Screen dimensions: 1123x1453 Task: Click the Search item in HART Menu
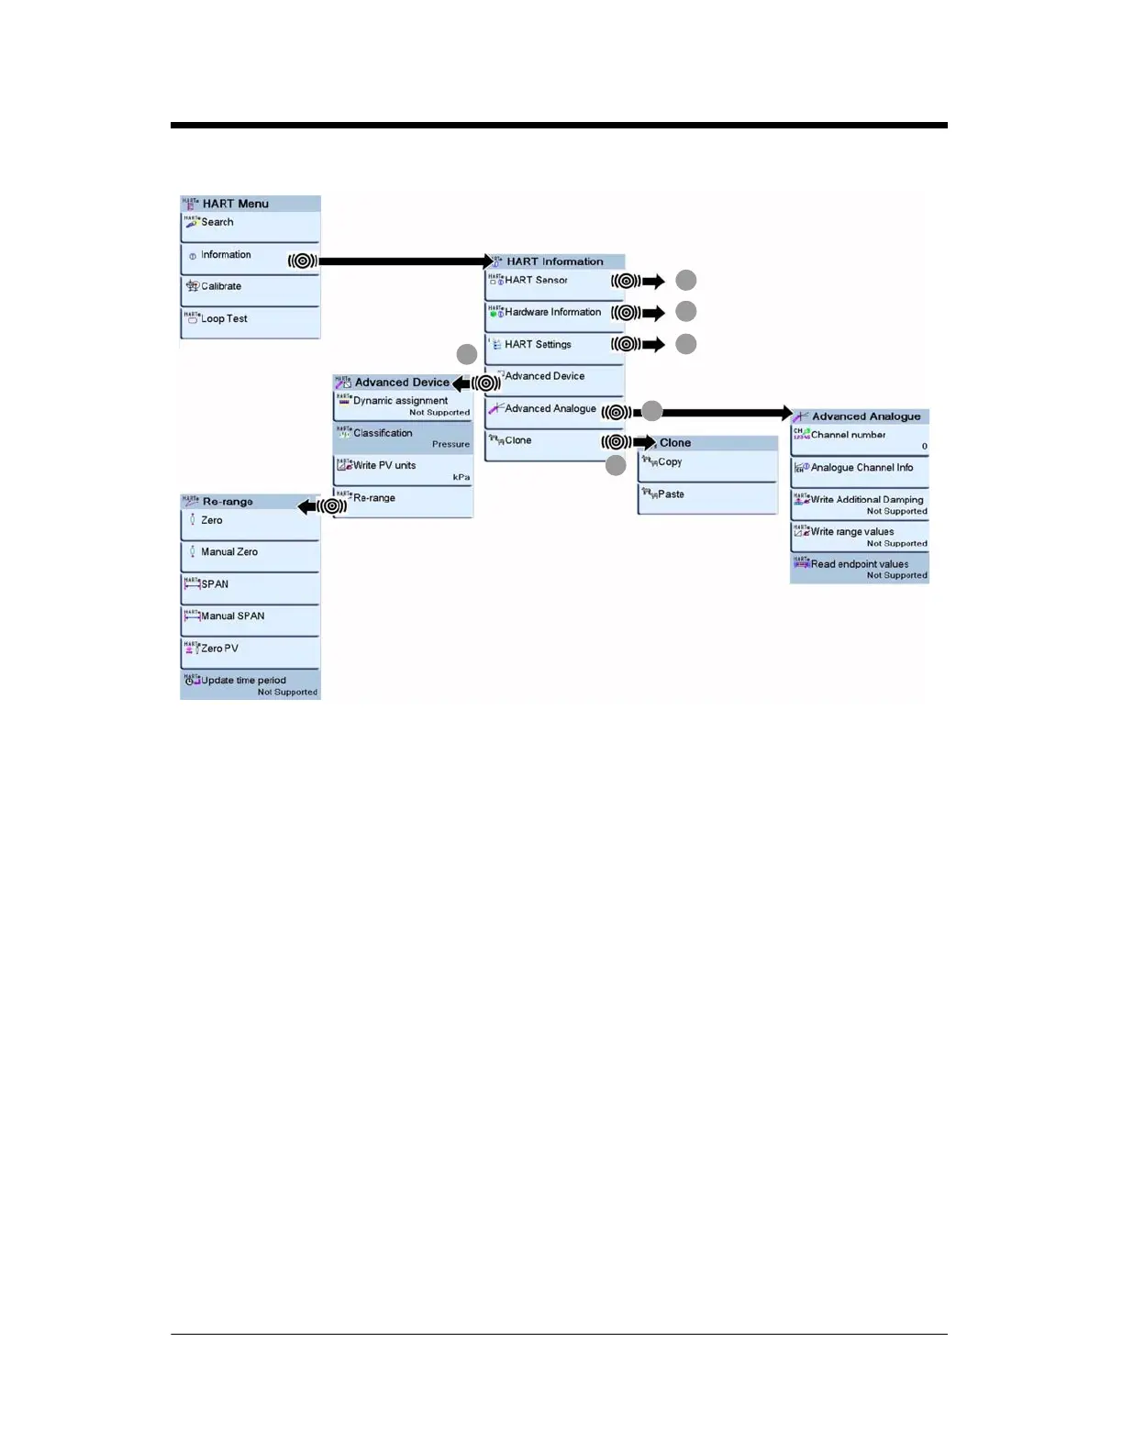pyautogui.click(x=250, y=226)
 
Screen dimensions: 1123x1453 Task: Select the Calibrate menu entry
pyautogui.click(x=250, y=289)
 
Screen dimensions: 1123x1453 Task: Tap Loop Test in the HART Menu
pyautogui.click(x=250, y=321)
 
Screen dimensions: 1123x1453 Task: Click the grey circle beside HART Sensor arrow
pyautogui.click(x=685, y=281)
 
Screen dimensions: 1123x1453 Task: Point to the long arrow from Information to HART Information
pyautogui.click(x=404, y=261)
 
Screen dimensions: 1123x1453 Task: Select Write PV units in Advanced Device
pyautogui.click(x=403, y=469)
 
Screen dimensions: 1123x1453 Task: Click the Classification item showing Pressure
pyautogui.click(x=403, y=437)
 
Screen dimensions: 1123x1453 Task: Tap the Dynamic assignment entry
pyautogui.click(x=403, y=405)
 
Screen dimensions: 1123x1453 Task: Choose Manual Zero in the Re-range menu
pyautogui.click(x=250, y=555)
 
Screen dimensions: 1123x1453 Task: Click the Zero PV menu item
pyautogui.click(x=250, y=651)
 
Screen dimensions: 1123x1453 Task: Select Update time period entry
pyautogui.click(x=250, y=683)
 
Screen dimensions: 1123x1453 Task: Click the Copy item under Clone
pyautogui.click(x=707, y=465)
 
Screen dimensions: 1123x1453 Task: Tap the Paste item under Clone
pyautogui.click(x=707, y=497)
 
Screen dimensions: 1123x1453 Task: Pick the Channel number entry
pyautogui.click(x=860, y=438)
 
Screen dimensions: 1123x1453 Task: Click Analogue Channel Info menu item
pyautogui.click(x=860, y=471)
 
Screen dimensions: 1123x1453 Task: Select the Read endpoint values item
pyautogui.click(x=860, y=568)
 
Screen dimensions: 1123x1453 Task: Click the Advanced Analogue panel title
pyautogui.click(x=865, y=416)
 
